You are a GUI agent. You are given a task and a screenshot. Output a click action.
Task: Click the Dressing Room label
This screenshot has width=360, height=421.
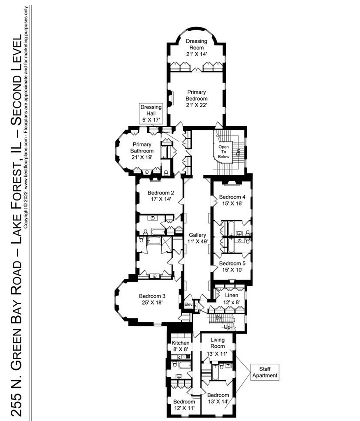197,48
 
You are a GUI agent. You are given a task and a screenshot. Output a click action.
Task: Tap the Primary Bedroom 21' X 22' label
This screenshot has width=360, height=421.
197,99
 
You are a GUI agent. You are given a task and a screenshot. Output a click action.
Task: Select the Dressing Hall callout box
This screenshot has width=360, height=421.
151,113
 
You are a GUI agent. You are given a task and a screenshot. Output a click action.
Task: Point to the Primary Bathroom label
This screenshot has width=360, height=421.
142,150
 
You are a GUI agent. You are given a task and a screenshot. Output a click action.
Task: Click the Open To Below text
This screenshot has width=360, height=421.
223,152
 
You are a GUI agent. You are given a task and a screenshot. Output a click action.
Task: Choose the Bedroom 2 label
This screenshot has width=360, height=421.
160,196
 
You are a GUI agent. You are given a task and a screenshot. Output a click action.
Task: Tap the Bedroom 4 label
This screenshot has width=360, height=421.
232,200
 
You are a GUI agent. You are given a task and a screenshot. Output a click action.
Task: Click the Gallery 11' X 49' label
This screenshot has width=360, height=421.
197,238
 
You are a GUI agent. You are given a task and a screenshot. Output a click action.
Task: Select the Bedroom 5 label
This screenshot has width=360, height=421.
232,266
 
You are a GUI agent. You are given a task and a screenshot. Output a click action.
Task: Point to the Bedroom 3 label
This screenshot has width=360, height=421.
152,299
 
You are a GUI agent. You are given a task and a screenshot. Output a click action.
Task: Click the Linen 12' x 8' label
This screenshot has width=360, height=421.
231,298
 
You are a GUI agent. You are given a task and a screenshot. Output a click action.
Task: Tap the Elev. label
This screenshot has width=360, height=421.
188,305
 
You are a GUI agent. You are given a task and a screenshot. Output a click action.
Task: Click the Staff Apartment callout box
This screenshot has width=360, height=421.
265,372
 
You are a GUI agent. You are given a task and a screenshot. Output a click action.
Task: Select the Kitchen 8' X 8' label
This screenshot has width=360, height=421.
180,346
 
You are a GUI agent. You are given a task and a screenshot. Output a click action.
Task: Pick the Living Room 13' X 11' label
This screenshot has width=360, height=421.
217,347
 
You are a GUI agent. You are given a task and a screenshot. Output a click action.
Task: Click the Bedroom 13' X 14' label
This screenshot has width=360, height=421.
218,398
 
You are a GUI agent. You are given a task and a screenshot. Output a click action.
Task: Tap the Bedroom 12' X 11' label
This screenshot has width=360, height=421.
184,405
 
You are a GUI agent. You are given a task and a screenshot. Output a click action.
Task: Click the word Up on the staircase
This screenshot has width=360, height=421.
227,327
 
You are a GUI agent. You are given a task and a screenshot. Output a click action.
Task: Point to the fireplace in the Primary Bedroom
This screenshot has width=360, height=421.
170,98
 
